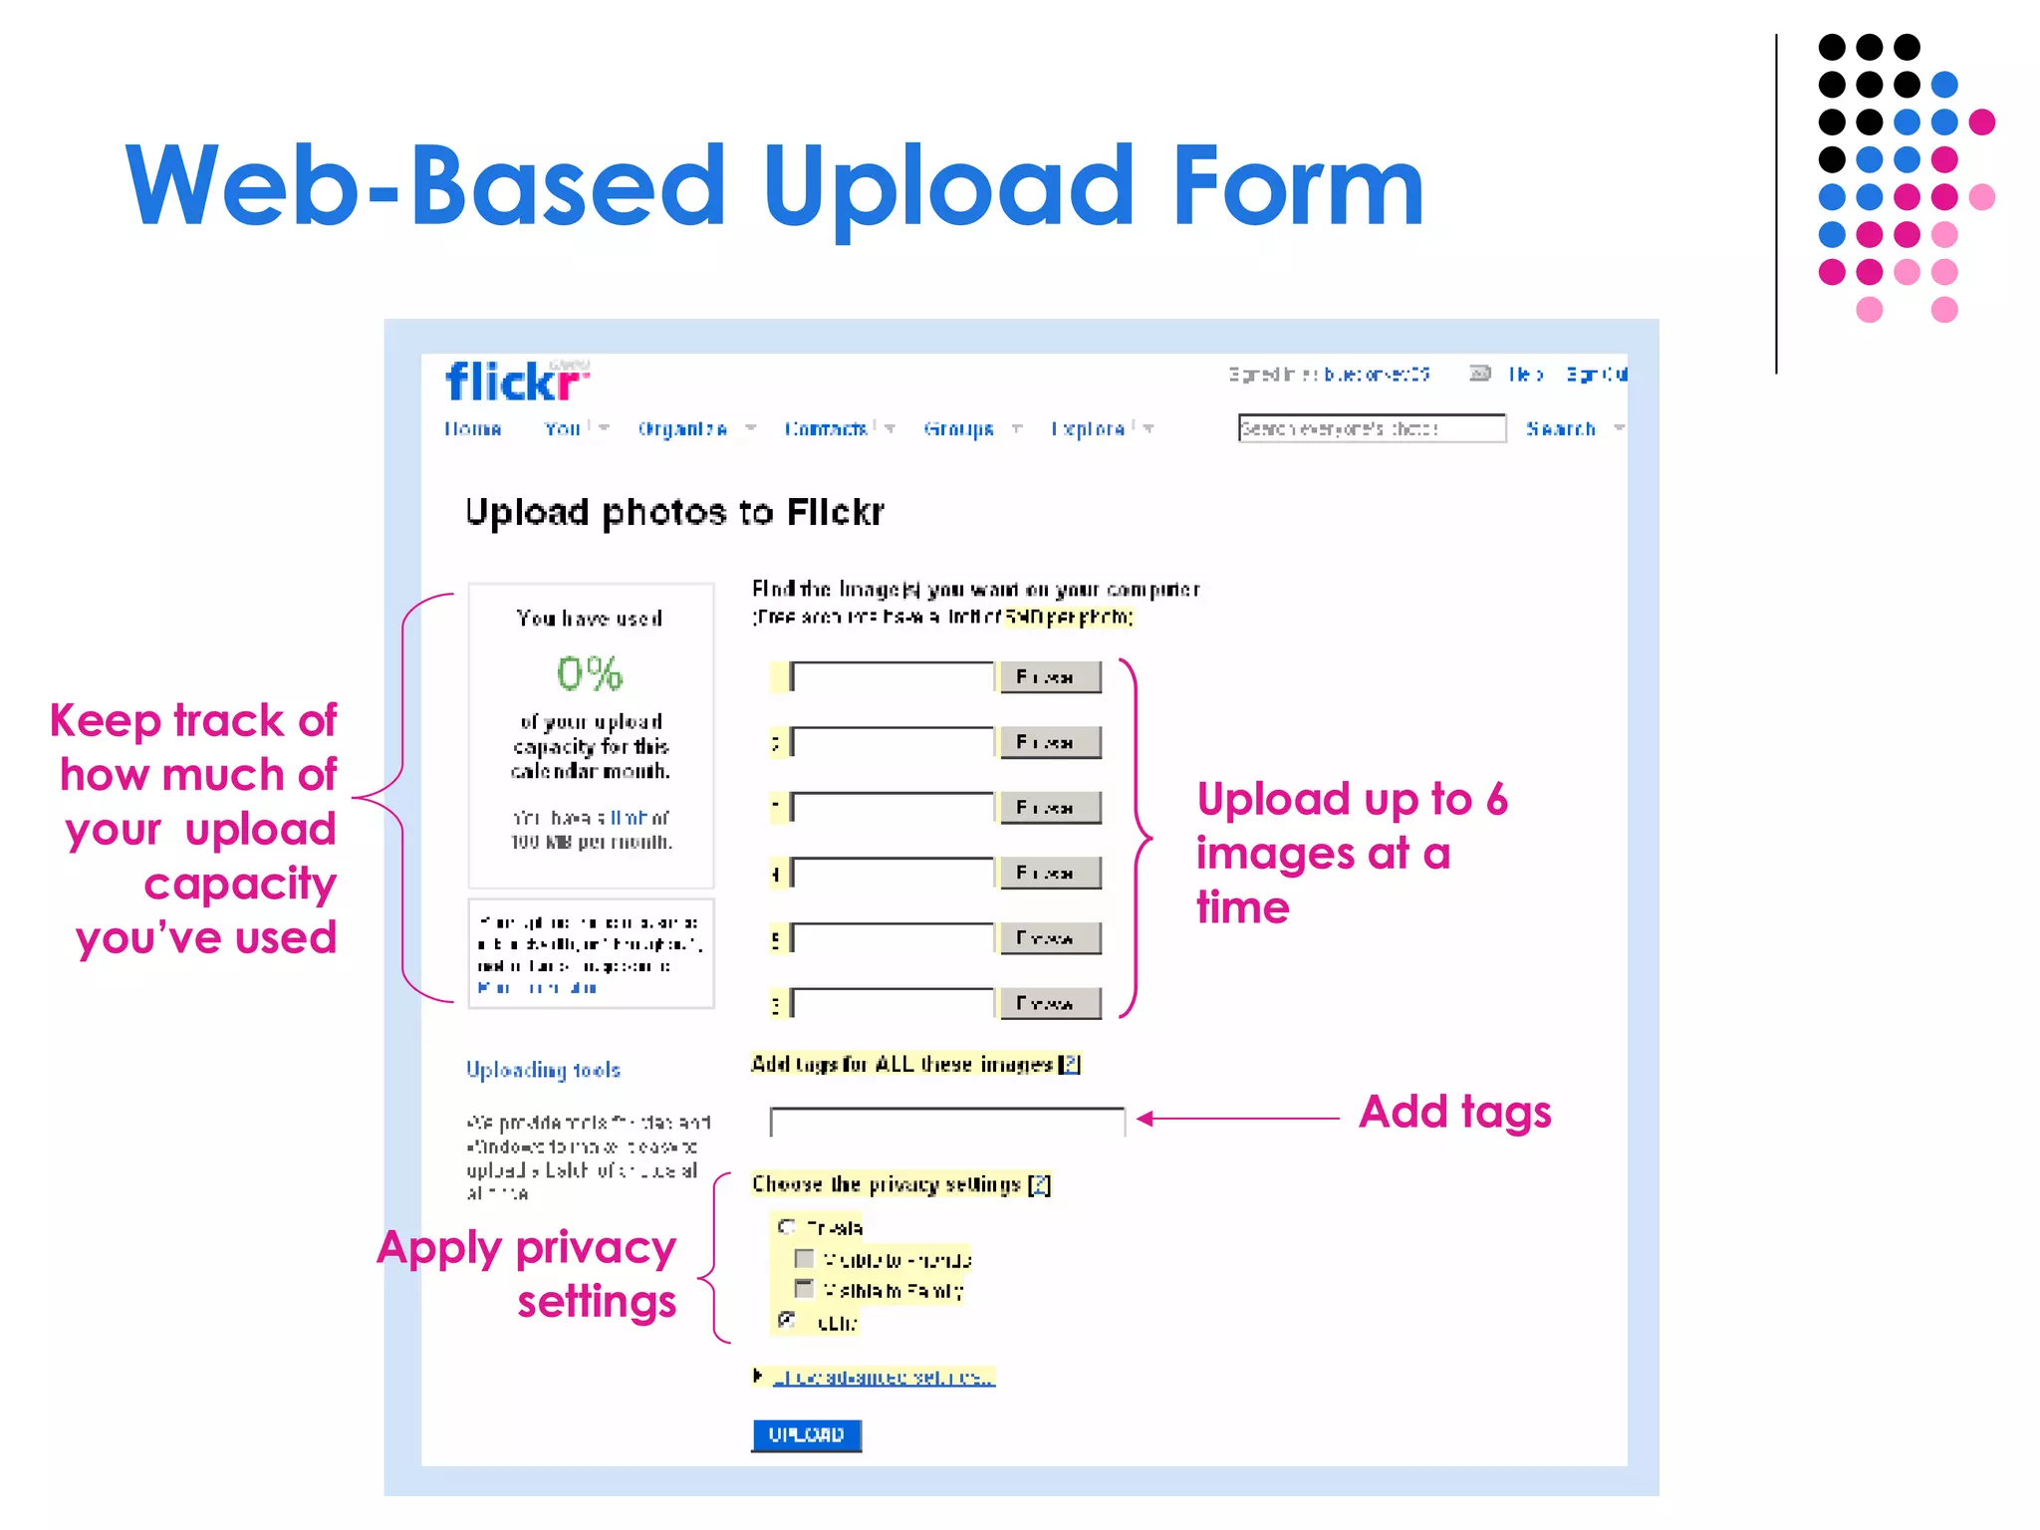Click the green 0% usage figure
click(590, 674)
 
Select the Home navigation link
click(472, 429)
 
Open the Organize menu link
click(683, 429)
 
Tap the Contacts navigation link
click(826, 429)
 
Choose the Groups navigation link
click(958, 429)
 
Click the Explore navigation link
click(1088, 429)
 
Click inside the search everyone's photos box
click(1371, 428)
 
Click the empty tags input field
click(946, 1122)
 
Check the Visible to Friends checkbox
click(804, 1259)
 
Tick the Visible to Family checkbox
click(804, 1290)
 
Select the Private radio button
click(787, 1226)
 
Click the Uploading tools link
click(544, 1070)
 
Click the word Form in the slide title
click(1297, 186)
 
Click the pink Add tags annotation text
click(1454, 1113)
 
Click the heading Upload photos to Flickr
click(674, 512)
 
